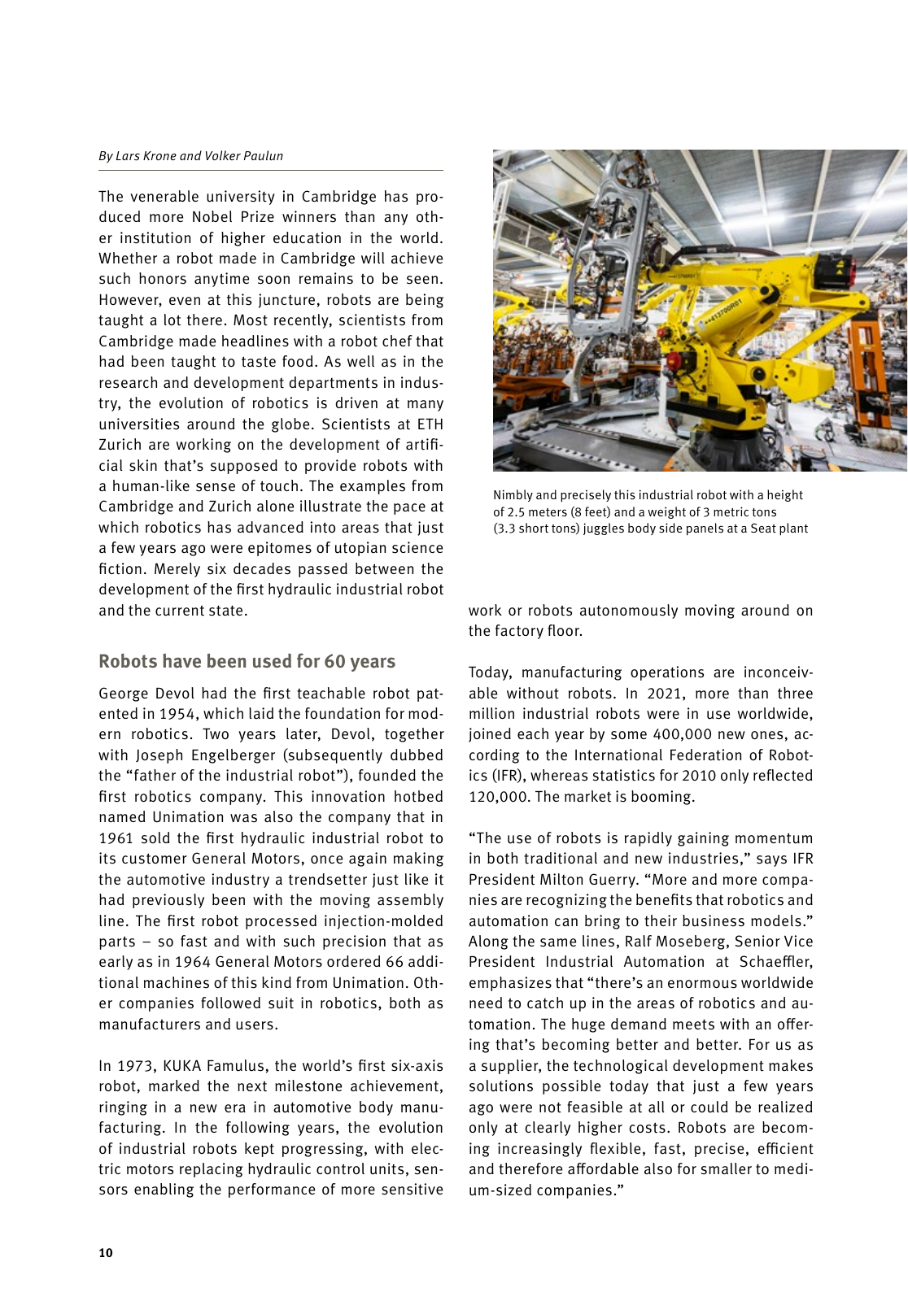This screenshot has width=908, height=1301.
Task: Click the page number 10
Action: (x=106, y=1253)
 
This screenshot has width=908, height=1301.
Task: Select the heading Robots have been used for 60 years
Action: (x=247, y=661)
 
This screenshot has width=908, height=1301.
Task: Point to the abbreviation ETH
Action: (x=430, y=424)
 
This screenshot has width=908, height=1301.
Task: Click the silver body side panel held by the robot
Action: (x=606, y=268)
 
